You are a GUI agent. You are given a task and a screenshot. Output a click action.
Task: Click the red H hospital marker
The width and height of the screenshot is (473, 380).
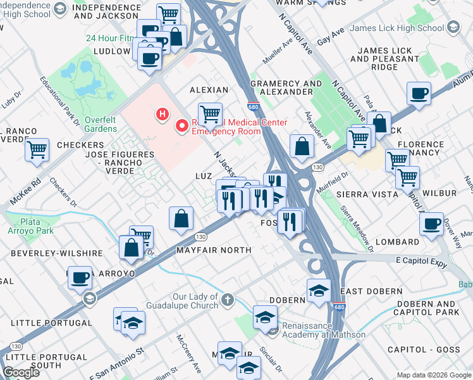pyautogui.click(x=163, y=115)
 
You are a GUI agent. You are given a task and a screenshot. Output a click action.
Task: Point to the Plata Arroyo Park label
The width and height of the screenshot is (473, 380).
pyautogui.click(x=30, y=227)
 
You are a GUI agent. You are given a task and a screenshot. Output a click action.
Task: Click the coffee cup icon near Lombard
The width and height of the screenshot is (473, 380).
pyautogui.click(x=432, y=224)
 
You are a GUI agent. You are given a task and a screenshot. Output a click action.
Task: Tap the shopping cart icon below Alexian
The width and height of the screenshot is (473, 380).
pyautogui.click(x=210, y=115)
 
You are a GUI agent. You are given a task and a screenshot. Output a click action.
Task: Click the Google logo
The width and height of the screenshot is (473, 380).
pyautogui.click(x=21, y=372)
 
